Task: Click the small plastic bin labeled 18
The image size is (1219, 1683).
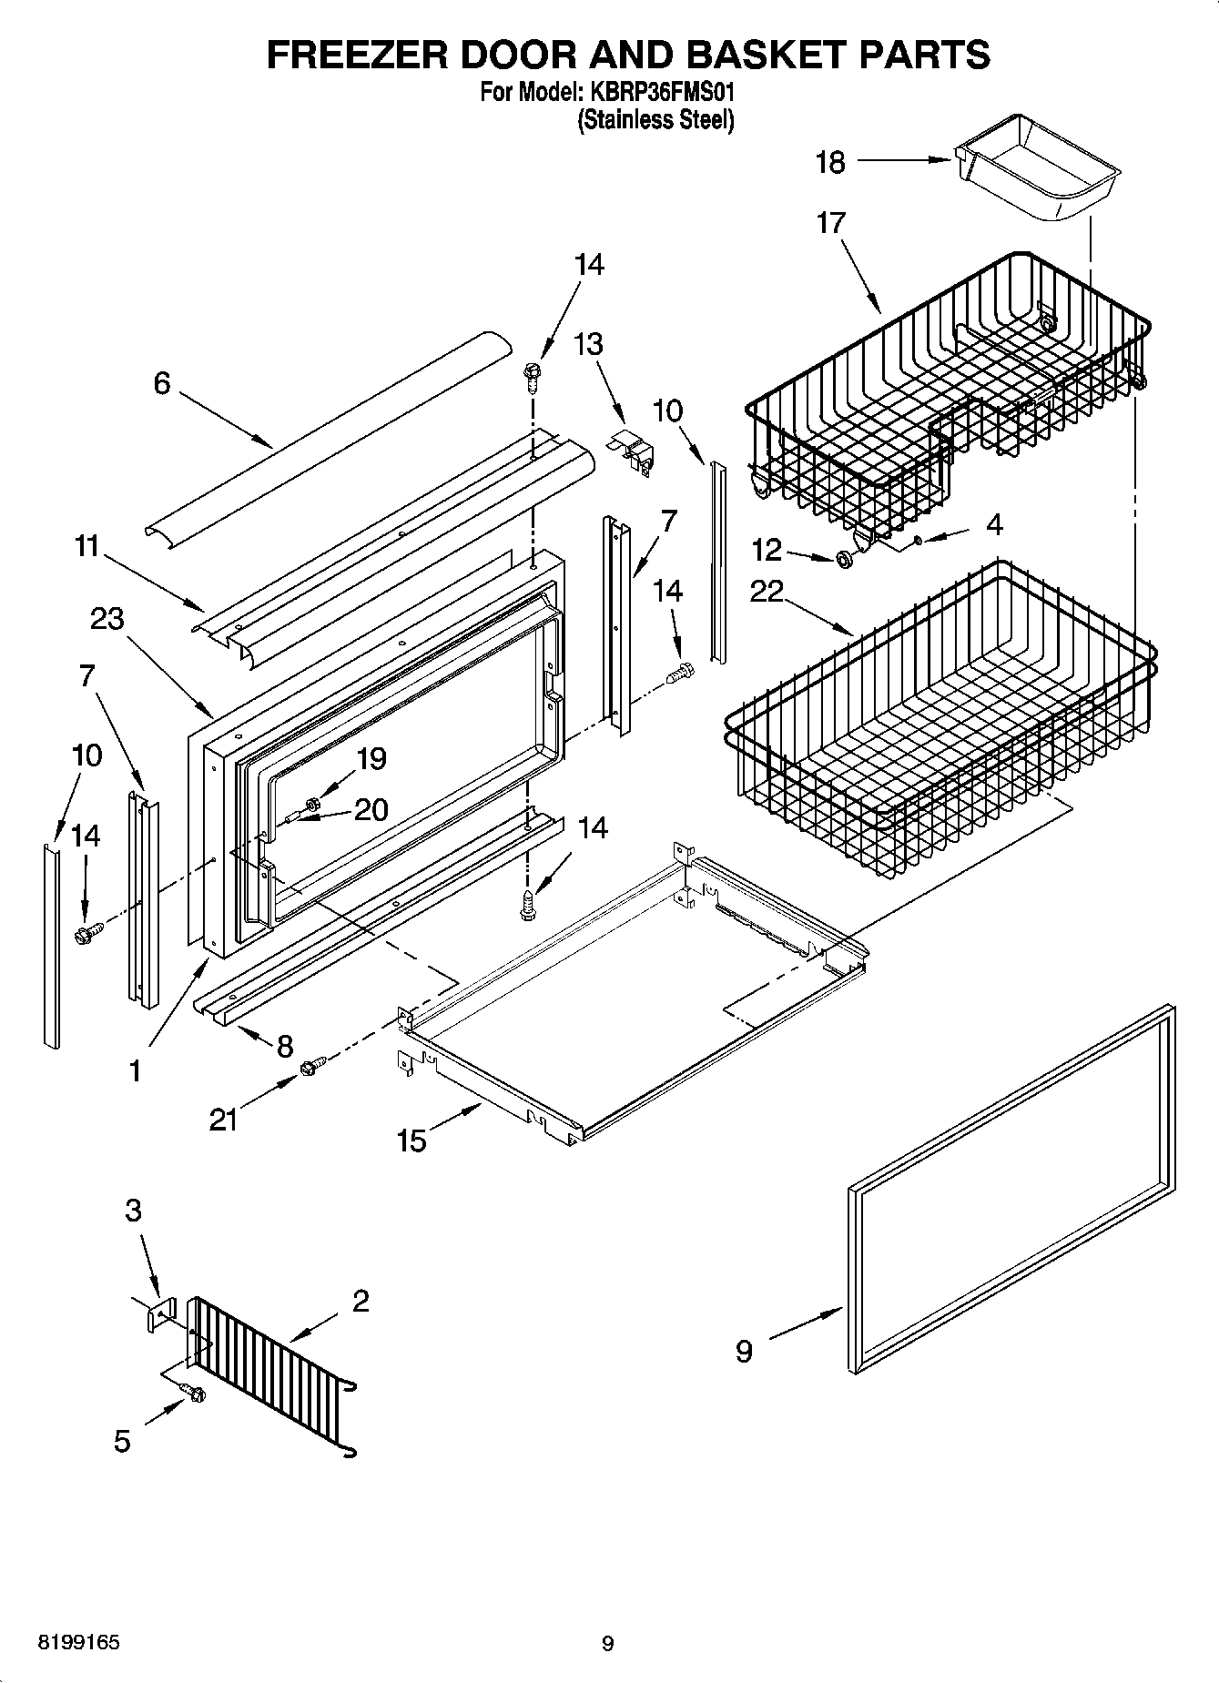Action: tap(1038, 168)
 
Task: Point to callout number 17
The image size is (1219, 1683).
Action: tap(830, 222)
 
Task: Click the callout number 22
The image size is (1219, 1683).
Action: tap(767, 592)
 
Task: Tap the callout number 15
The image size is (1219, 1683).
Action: tap(411, 1140)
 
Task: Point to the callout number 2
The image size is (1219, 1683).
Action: tap(360, 1301)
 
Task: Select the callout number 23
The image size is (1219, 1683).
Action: tap(107, 619)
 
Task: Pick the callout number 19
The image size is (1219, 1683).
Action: tap(371, 758)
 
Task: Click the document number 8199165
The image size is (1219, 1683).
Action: tap(77, 1643)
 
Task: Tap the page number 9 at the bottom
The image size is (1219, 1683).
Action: tap(608, 1643)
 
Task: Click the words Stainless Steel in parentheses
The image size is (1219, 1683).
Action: tap(655, 119)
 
